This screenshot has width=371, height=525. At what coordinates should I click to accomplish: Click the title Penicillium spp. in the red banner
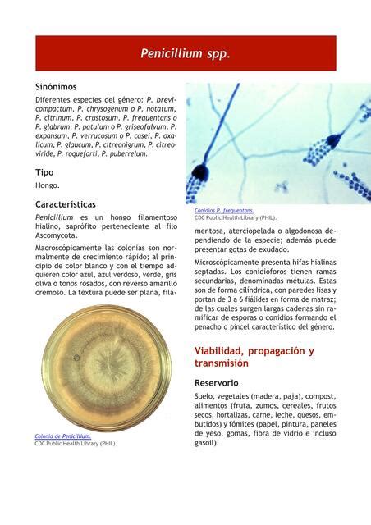tap(185, 54)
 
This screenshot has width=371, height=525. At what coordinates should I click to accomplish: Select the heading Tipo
tap(44, 172)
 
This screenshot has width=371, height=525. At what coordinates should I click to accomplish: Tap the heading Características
tap(65, 203)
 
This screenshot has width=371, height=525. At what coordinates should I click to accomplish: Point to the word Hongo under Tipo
tap(46, 185)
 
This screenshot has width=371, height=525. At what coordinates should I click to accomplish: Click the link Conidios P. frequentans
tap(224, 210)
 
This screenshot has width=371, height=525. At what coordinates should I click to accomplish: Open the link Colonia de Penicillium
tap(62, 436)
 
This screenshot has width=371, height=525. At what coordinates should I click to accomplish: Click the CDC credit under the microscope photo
tap(235, 218)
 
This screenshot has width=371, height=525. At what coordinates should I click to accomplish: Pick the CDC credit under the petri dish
tap(75, 443)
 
